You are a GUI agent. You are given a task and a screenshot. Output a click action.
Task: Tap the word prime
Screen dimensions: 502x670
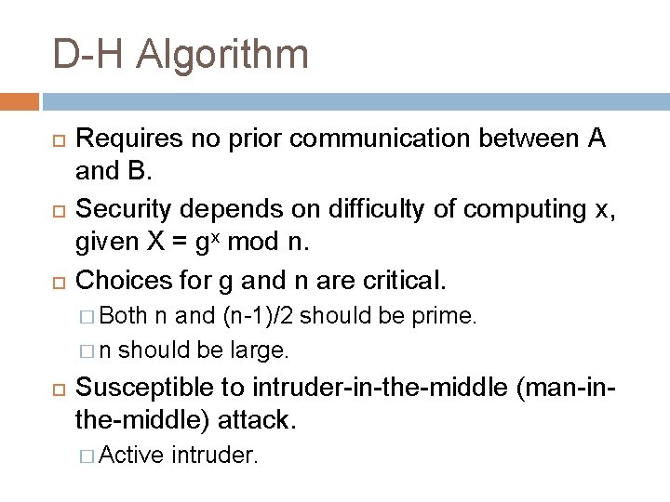pos(449,315)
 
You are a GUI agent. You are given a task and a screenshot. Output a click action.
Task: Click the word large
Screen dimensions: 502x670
pos(265,350)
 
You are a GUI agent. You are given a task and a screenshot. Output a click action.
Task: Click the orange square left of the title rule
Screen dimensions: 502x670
pos(20,100)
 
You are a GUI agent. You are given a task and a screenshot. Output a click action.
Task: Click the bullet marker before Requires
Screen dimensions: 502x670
pos(54,140)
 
